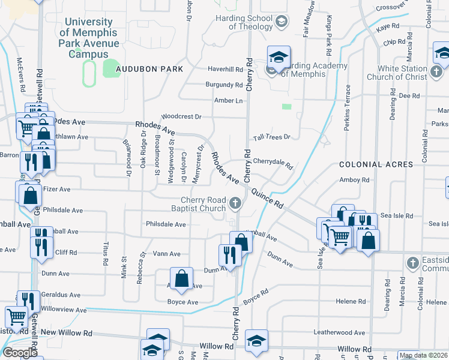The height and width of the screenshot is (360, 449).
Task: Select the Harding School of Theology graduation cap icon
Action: pos(280,23)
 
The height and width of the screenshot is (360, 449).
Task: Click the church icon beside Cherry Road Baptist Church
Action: pos(235,205)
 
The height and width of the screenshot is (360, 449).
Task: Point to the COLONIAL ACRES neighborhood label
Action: pos(376,164)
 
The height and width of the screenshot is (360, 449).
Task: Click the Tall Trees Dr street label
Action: pos(271,137)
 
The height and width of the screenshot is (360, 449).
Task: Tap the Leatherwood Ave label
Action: pos(339,332)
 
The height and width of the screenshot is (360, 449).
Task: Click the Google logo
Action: pos(20,353)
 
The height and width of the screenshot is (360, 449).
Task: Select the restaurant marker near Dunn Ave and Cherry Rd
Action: pos(230,253)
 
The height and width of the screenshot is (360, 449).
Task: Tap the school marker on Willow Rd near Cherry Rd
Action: pos(256,341)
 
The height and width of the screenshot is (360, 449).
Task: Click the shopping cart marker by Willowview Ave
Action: pos(16,315)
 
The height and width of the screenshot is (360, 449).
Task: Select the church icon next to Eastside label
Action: pos(412,263)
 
